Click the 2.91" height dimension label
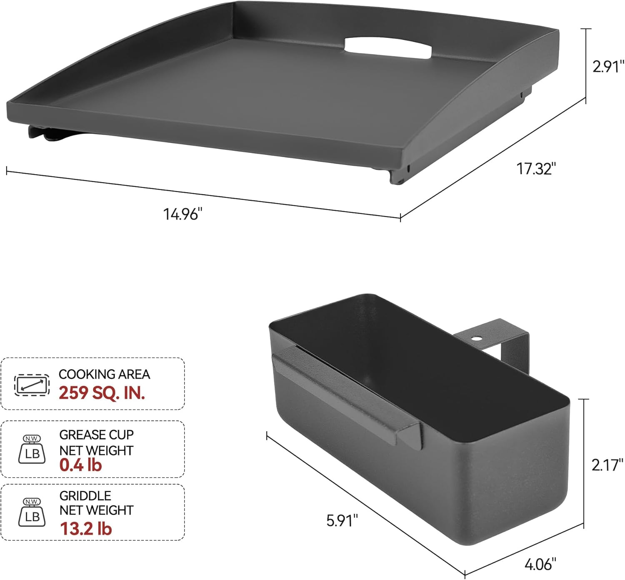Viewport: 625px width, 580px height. point(608,67)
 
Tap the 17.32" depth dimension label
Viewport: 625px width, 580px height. point(536,169)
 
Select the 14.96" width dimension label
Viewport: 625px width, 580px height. point(182,214)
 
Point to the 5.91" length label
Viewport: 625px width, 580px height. point(342,520)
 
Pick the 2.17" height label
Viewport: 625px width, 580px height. point(607,465)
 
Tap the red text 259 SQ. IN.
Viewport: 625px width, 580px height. point(102,392)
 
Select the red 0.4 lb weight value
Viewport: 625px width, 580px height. point(80,465)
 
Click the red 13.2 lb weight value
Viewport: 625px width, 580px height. point(86,528)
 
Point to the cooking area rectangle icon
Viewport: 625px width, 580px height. point(32,384)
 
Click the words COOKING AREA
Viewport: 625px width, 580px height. point(104,374)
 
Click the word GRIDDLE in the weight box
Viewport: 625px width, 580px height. point(85,495)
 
